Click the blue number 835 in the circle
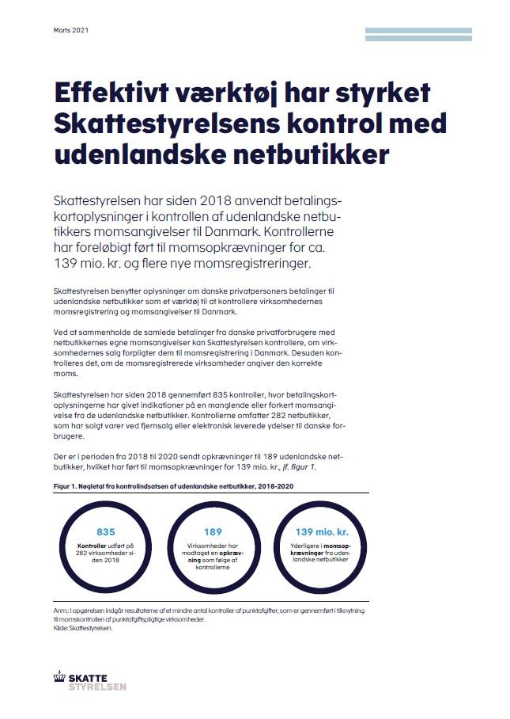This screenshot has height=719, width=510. point(106,532)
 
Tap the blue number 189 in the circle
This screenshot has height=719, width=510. point(213,532)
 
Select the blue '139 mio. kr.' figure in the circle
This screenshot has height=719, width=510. point(321,532)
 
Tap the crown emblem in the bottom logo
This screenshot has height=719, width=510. point(58,679)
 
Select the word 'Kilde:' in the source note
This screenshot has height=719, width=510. point(61,629)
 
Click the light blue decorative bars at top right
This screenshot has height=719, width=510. point(418,33)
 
